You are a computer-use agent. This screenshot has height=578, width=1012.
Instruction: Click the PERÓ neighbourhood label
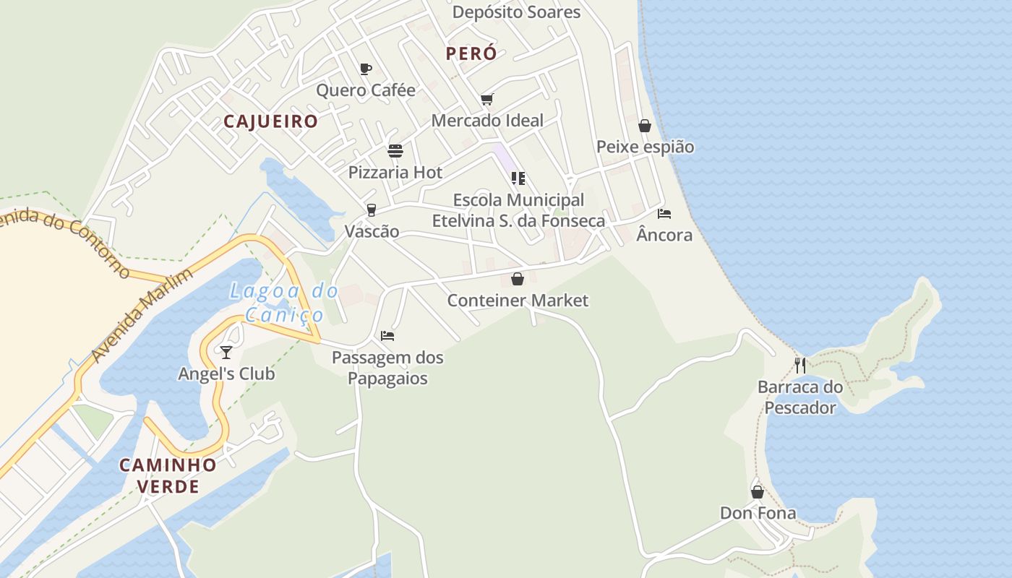(x=471, y=53)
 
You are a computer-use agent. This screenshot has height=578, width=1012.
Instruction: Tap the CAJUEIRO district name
(x=270, y=121)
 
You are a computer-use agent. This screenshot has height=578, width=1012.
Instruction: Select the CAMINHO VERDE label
(x=168, y=475)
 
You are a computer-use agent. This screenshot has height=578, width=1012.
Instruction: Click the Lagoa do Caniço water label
(x=284, y=303)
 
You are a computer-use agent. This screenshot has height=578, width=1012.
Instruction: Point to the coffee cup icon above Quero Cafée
(x=366, y=69)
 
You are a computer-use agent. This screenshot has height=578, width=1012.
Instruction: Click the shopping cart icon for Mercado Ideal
(x=486, y=100)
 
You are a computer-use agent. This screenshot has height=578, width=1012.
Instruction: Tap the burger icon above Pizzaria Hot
(x=395, y=150)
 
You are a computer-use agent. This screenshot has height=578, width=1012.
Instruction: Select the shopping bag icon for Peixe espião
(x=645, y=126)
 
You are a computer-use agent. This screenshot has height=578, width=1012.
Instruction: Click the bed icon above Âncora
(x=664, y=213)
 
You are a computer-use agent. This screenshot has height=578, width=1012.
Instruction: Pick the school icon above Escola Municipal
(x=518, y=178)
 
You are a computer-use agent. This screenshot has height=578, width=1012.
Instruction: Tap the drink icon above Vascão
(x=372, y=210)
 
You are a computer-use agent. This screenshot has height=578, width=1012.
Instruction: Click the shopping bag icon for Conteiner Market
(x=518, y=279)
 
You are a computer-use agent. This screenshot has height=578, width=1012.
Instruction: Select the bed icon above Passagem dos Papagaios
(x=387, y=336)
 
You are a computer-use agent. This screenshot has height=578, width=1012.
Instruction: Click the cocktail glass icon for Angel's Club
(x=226, y=352)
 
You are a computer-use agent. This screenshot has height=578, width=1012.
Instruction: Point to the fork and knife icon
(x=800, y=365)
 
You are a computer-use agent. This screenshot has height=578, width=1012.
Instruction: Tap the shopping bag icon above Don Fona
(x=758, y=492)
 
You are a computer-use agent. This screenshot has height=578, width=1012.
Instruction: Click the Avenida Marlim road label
(x=142, y=315)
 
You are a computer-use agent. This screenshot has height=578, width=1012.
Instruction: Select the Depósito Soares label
(x=516, y=12)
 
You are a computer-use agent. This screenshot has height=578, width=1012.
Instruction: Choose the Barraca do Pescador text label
(x=800, y=397)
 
